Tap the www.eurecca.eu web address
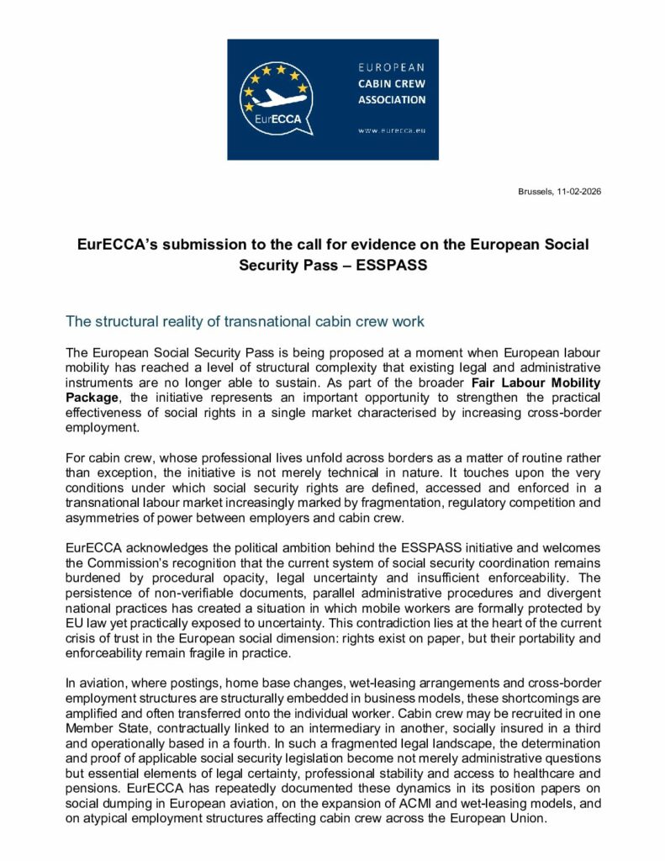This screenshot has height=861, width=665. (x=392, y=131)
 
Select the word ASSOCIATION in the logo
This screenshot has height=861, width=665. (x=392, y=99)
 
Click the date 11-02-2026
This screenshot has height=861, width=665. (x=578, y=193)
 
